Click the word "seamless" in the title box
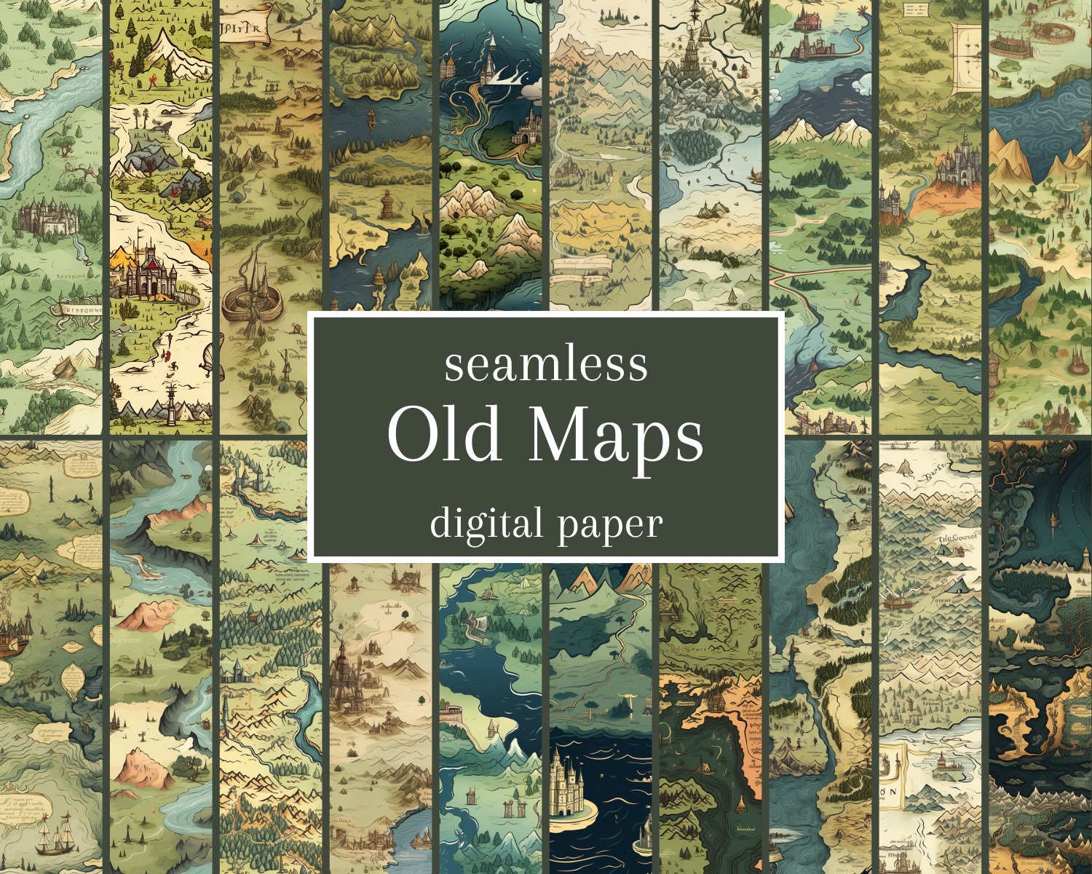point(546,365)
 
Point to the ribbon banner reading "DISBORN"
point(76,308)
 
